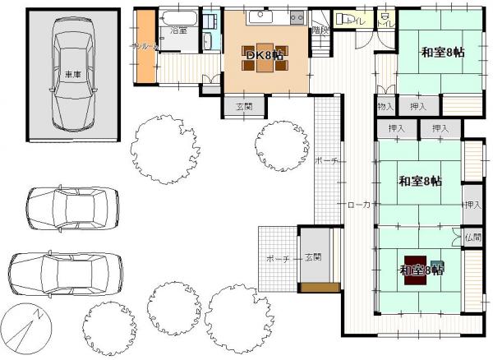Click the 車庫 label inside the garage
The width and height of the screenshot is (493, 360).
coord(72,75)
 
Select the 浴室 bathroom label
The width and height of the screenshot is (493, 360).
coord(178,30)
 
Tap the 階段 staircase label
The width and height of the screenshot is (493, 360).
coord(320,30)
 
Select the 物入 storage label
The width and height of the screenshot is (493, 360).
coord(386,107)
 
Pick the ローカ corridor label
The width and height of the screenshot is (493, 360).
coord(361,205)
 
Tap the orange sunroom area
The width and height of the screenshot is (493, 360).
coord(146,48)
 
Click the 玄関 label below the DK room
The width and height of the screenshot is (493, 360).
coord(244,106)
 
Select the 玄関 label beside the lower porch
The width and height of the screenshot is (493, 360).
coord(312,257)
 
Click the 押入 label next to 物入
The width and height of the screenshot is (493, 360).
coord(418,107)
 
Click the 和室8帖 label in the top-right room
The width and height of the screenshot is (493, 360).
coord(442,52)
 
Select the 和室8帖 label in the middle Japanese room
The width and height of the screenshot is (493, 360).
coord(420,182)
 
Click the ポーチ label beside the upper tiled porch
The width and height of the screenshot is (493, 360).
coord(325,161)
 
